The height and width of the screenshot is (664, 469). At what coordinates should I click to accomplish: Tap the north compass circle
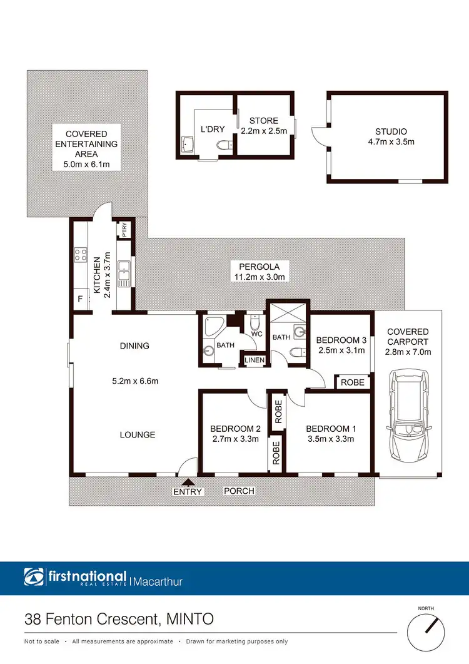[429, 633]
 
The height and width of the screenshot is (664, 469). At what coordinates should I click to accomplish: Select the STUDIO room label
[391, 131]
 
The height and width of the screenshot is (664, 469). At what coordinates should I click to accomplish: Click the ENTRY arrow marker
[188, 481]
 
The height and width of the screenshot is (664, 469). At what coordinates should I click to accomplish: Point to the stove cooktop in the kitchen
[81, 255]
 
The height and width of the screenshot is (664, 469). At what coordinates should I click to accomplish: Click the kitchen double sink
[124, 271]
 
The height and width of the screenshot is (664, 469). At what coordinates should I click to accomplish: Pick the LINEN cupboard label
[254, 360]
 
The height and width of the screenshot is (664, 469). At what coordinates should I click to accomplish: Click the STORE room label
[263, 121]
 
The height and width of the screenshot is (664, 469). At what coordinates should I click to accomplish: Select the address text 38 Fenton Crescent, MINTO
[119, 620]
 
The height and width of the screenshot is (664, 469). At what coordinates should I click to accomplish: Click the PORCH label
[239, 491]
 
